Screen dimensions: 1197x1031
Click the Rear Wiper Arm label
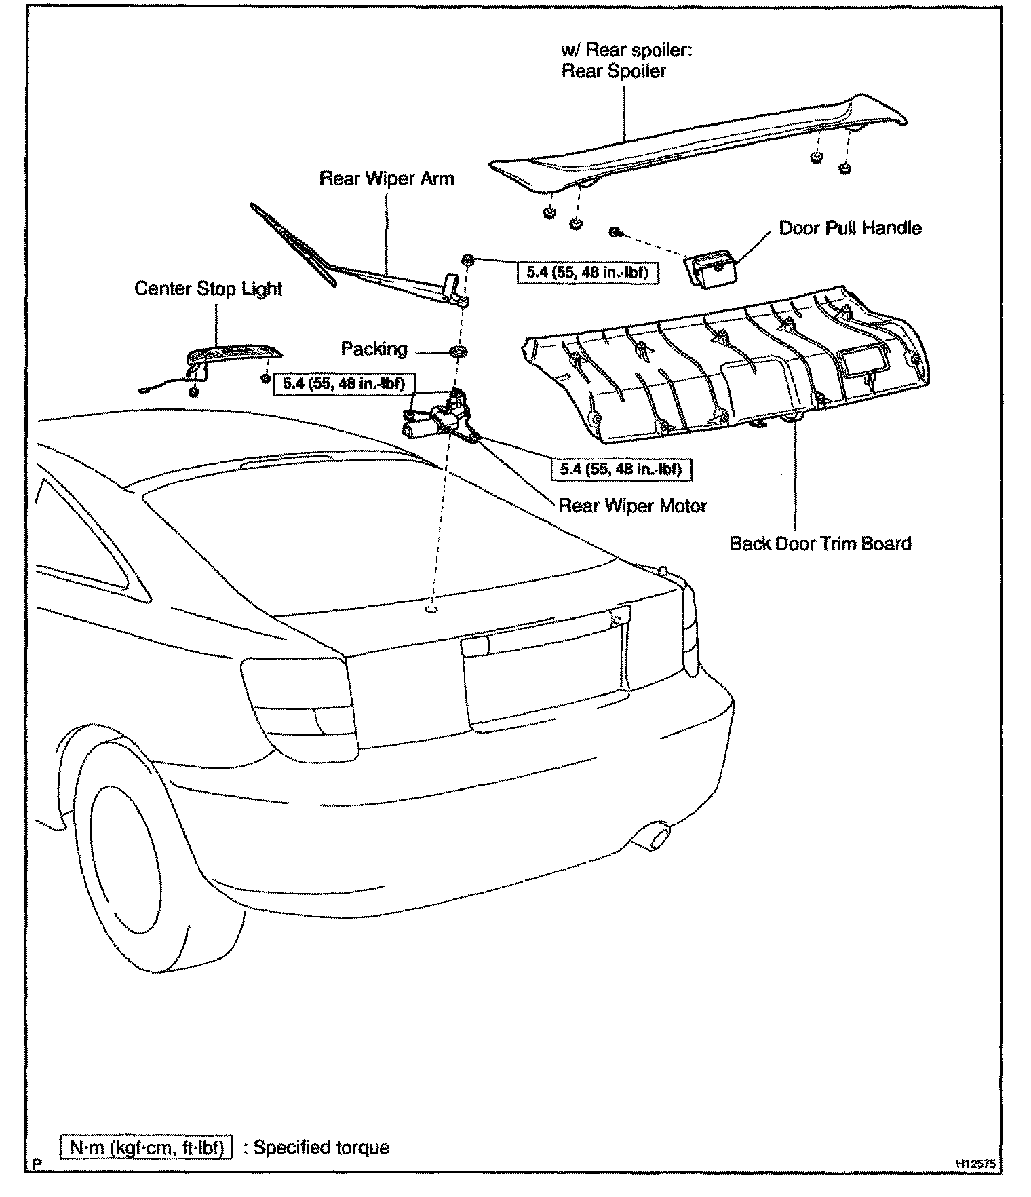pyautogui.click(x=387, y=178)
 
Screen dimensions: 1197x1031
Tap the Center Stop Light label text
pyautogui.click(x=208, y=288)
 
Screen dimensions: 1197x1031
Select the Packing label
pyautogui.click(x=374, y=349)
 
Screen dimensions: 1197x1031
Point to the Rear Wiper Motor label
pyautogui.click(x=632, y=506)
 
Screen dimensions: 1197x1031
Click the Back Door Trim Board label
pyautogui.click(x=820, y=544)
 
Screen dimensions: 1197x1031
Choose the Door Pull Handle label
pyautogui.click(x=850, y=227)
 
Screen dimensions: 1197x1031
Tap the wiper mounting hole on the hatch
pyautogui.click(x=431, y=609)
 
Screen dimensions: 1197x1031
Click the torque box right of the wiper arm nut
pyautogui.click(x=587, y=273)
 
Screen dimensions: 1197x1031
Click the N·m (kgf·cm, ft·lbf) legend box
pyautogui.click(x=147, y=1147)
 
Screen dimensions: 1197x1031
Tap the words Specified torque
pyautogui.click(x=322, y=1147)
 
